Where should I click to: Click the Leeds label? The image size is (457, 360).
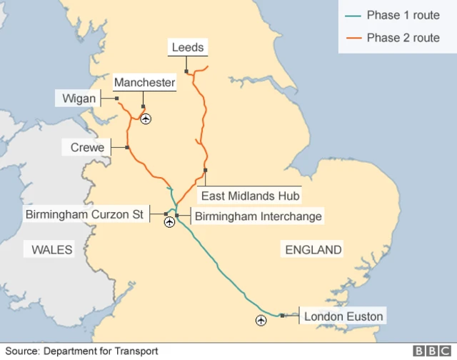point(189,48)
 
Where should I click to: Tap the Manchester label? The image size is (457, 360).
point(144,83)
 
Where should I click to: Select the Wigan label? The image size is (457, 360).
point(78,98)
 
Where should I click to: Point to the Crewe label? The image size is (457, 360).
point(88,148)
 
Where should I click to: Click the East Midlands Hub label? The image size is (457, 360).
point(251,195)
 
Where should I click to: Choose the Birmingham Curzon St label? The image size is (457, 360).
point(84,214)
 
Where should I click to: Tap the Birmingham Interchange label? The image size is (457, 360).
point(258,216)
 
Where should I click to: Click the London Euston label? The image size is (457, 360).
point(343,316)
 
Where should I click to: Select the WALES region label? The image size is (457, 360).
point(52,249)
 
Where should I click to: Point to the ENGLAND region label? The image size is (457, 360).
point(313,249)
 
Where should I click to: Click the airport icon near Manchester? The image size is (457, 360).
point(146,119)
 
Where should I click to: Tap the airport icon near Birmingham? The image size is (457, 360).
point(169,223)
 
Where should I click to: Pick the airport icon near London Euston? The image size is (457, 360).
point(261,321)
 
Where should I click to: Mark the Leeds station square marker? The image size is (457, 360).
point(186,71)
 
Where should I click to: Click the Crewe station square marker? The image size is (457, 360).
point(127,148)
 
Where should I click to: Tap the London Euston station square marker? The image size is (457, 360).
point(283,316)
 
